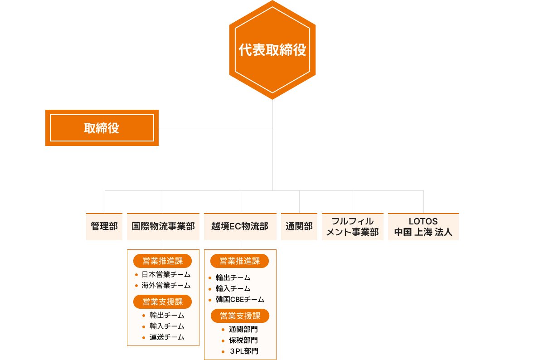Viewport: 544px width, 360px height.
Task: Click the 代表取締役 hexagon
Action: [x=272, y=50]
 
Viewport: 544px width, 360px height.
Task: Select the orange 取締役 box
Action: [x=102, y=128]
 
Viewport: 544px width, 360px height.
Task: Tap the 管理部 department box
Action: [x=104, y=226]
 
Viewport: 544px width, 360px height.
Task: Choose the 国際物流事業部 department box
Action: [x=163, y=226]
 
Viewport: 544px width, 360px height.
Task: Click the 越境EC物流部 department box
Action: [x=240, y=226]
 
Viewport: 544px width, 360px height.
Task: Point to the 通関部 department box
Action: [x=299, y=226]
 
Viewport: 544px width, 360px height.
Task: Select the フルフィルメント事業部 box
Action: [x=353, y=226]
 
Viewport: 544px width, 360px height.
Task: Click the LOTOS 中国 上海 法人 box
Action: [x=423, y=226]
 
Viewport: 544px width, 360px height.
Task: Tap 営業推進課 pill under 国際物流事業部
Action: [x=163, y=261]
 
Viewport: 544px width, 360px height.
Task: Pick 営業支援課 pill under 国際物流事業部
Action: [x=163, y=302]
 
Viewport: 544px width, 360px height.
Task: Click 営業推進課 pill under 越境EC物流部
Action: [x=240, y=261]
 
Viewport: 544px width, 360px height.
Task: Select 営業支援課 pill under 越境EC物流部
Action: [x=240, y=316]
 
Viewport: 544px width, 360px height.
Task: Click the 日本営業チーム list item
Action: [x=166, y=275]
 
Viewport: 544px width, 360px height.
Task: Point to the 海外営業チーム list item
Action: [x=166, y=286]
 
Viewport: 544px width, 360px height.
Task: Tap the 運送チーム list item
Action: [x=167, y=337]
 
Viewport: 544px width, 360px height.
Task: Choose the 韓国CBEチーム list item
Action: [x=240, y=300]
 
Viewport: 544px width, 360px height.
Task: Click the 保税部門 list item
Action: [x=243, y=340]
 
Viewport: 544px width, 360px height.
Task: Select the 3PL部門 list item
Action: [x=243, y=351]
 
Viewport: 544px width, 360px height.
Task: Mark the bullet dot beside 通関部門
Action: [x=223, y=330]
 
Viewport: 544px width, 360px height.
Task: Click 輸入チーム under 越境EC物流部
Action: [x=233, y=289]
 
